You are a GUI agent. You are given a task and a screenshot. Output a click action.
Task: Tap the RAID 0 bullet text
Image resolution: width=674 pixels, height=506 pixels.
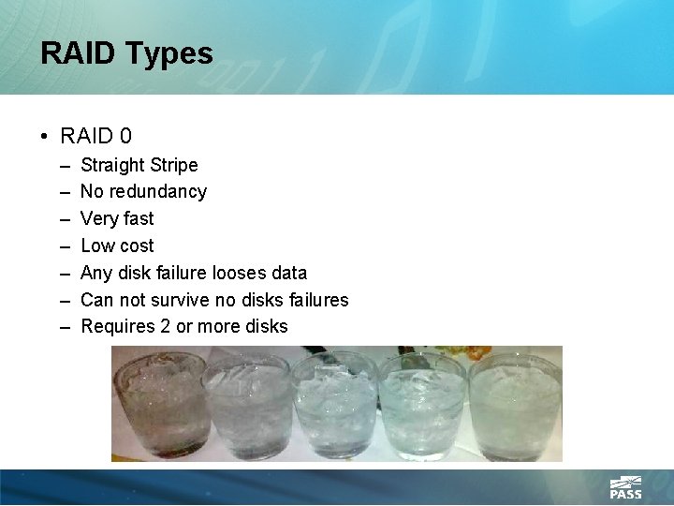click(95, 137)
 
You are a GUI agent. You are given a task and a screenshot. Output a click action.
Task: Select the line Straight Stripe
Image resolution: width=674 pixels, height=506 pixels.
click(139, 166)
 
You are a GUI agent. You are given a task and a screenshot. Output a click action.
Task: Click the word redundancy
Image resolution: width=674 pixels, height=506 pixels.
click(159, 192)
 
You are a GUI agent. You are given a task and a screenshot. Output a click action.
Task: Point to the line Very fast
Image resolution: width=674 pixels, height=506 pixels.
click(117, 219)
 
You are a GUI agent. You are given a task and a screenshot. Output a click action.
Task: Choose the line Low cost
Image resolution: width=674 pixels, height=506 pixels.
click(117, 246)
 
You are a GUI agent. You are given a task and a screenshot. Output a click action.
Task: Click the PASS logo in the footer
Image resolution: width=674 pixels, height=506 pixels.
click(625, 487)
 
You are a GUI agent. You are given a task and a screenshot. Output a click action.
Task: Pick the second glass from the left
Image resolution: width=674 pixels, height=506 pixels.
click(247, 405)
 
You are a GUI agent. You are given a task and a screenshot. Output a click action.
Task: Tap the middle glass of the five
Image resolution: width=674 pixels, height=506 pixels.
click(334, 405)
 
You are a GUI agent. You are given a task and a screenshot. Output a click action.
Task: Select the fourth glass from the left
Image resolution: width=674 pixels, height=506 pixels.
click(422, 405)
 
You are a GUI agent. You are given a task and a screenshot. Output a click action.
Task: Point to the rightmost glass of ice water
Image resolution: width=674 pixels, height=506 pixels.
click(514, 405)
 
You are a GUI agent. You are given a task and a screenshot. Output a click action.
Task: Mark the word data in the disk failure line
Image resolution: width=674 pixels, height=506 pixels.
click(287, 273)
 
